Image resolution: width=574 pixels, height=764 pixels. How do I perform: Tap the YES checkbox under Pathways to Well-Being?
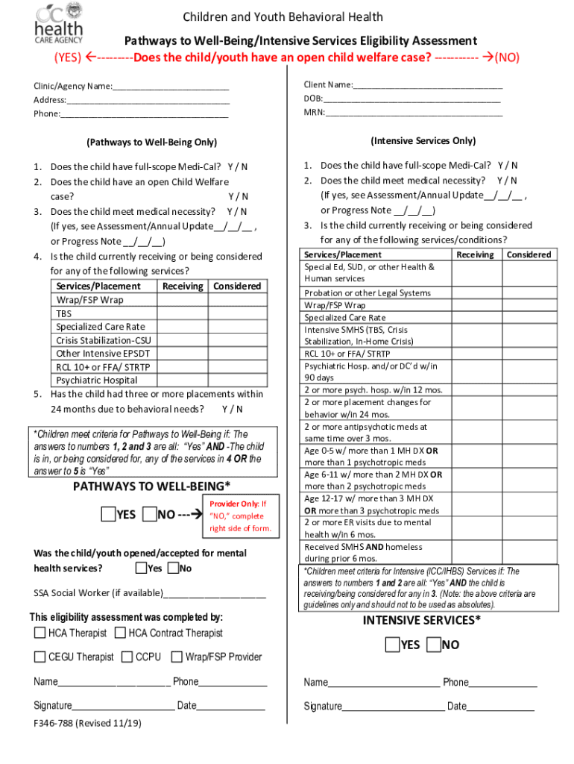pyautogui.click(x=109, y=514)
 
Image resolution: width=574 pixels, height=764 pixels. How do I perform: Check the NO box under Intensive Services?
pyautogui.click(x=434, y=645)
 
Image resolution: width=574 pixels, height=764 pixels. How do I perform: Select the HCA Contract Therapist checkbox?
pyautogui.click(x=119, y=633)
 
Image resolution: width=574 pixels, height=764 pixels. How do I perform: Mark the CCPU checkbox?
pyautogui.click(x=127, y=657)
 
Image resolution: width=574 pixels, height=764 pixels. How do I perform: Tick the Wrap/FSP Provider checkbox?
pyautogui.click(x=177, y=657)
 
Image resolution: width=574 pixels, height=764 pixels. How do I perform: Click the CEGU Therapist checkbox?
pyautogui.click(x=40, y=657)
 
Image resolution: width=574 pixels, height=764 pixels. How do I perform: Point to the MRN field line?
pyautogui.click(x=414, y=114)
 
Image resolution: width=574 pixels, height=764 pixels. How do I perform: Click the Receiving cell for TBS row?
pyautogui.click(x=183, y=313)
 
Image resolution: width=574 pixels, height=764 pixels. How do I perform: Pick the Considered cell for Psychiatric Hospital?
pyautogui.click(x=236, y=381)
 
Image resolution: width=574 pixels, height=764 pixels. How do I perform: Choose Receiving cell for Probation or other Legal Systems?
pyautogui.click(x=475, y=293)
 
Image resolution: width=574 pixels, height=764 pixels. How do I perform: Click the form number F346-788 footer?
pyautogui.click(x=87, y=723)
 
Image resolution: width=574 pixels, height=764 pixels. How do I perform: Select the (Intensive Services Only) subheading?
pyautogui.click(x=422, y=141)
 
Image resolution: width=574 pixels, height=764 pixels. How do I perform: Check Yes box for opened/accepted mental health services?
pyautogui.click(x=141, y=569)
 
